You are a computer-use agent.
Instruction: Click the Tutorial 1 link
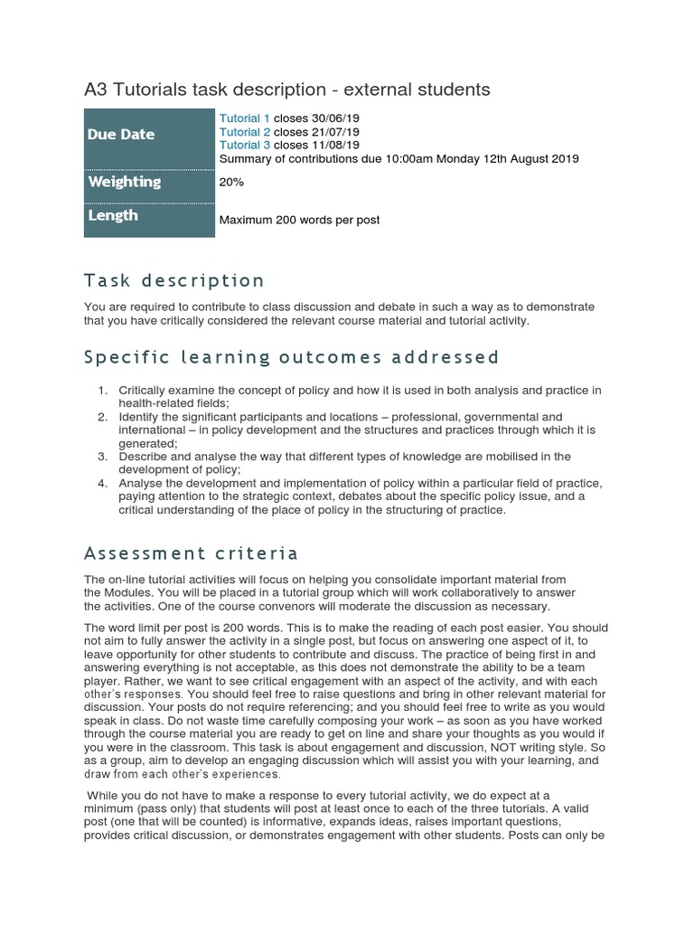point(245,118)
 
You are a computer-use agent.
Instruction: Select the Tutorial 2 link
point(245,132)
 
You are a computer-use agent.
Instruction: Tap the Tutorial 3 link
point(245,145)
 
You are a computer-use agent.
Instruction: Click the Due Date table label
point(121,135)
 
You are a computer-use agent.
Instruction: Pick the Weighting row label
point(124,182)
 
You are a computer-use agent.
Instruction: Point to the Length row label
point(113,215)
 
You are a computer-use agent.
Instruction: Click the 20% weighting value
point(231,182)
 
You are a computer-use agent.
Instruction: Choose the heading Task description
point(174,280)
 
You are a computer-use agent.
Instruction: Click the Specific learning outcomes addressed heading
point(291,357)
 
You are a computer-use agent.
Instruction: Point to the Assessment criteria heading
point(191,553)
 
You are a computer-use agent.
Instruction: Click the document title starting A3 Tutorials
point(286,90)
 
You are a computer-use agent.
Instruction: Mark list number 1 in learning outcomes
point(102,391)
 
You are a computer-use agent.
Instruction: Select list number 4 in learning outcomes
point(102,484)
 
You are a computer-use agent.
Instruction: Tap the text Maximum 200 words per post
point(299,220)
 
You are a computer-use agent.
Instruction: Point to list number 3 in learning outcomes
point(102,458)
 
